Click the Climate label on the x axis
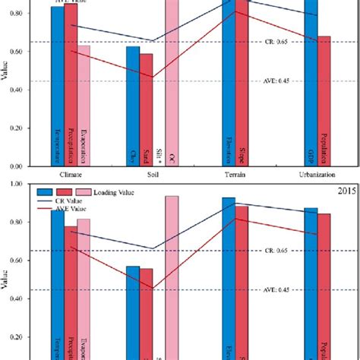[71, 174]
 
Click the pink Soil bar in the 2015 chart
[172, 273]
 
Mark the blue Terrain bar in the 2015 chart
[229, 273]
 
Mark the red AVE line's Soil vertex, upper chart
[153, 77]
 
